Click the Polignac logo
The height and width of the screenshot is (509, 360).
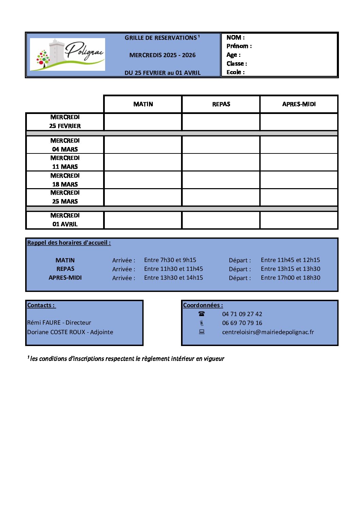pyautogui.click(x=67, y=54)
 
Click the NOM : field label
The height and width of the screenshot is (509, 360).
pyautogui.click(x=235, y=37)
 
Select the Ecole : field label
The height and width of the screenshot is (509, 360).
pyautogui.click(x=235, y=72)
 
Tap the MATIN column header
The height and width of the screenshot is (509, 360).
pyautogui.click(x=143, y=104)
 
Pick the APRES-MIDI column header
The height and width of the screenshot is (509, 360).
pyautogui.click(x=299, y=104)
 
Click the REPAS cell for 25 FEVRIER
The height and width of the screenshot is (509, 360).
pyautogui.click(x=221, y=122)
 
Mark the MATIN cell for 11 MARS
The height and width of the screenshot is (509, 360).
pyautogui.click(x=143, y=162)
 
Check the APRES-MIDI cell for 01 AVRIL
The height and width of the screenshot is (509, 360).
pyautogui.click(x=299, y=220)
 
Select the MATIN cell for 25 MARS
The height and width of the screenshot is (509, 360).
pyautogui.click(x=143, y=197)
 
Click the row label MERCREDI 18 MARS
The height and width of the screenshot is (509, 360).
pyautogui.click(x=65, y=180)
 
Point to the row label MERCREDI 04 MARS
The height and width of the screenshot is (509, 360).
pyautogui.click(x=65, y=145)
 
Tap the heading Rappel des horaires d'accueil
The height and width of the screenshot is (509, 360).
pyautogui.click(x=69, y=243)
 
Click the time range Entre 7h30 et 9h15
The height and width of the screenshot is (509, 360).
pyautogui.click(x=170, y=260)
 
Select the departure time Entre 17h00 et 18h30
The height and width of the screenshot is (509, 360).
pyautogui.click(x=291, y=278)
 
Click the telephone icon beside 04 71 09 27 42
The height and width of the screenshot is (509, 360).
pyautogui.click(x=202, y=314)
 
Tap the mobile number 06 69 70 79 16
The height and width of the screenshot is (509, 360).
pyautogui.click(x=242, y=323)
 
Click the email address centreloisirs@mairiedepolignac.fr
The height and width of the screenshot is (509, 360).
pyautogui.click(x=268, y=332)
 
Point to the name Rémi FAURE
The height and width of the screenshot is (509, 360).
pyautogui.click(x=44, y=323)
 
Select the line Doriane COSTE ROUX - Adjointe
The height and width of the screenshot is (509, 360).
pyautogui.click(x=70, y=332)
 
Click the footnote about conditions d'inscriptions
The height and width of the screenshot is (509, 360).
pyautogui.click(x=127, y=359)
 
